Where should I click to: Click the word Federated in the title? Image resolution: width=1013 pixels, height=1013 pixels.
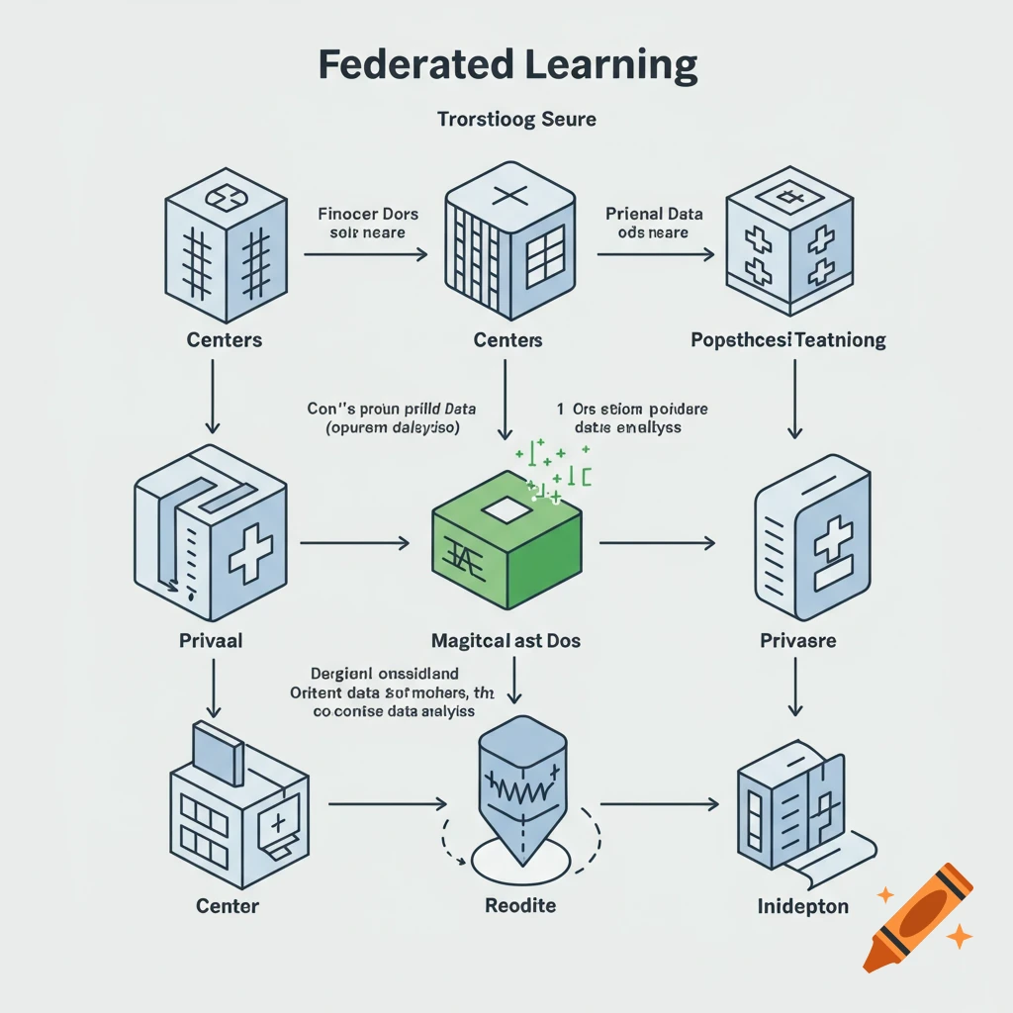(413, 65)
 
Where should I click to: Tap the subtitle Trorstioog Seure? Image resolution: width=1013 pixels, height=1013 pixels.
(516, 120)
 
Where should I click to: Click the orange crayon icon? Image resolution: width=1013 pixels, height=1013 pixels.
(916, 915)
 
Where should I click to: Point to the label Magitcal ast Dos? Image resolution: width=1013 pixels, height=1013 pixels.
(506, 640)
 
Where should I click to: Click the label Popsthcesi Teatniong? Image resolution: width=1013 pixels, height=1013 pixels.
(787, 340)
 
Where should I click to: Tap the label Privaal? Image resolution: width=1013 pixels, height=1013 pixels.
(210, 640)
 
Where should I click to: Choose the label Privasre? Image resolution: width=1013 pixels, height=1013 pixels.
(797, 640)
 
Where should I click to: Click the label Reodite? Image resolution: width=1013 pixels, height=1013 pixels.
(520, 905)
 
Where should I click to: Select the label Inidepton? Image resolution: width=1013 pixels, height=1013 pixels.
(802, 905)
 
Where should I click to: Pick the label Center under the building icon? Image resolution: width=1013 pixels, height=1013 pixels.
(228, 905)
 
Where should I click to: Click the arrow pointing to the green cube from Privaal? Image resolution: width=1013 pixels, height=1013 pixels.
(353, 542)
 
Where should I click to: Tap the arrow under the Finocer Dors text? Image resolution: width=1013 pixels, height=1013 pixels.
(365, 254)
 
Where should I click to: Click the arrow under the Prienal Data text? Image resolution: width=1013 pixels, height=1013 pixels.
(655, 254)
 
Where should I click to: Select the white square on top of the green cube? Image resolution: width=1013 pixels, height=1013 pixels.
(506, 510)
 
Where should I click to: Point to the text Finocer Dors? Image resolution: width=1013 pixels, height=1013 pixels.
(368, 214)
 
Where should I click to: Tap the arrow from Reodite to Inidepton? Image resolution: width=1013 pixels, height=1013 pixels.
(659, 804)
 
